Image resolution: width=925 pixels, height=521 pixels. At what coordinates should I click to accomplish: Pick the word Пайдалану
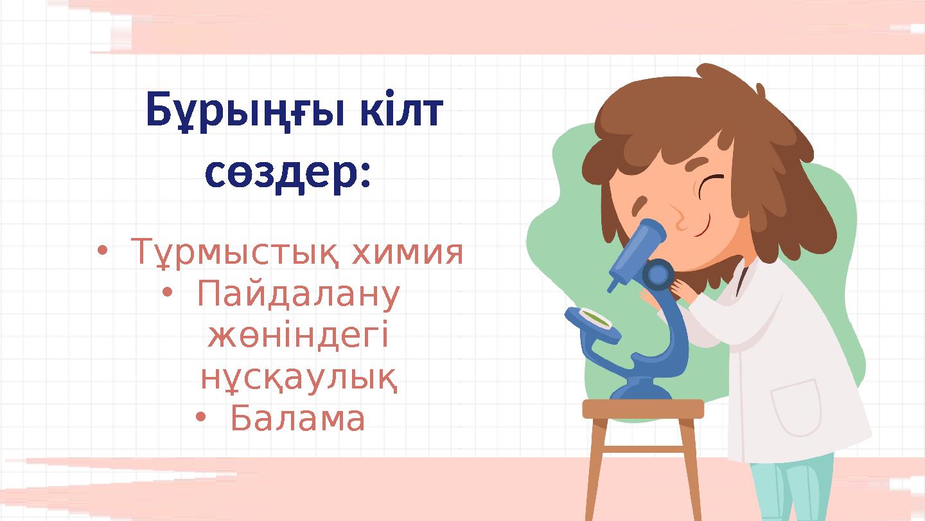pos(299,295)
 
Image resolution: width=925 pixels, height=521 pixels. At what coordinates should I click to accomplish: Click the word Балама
pos(297,419)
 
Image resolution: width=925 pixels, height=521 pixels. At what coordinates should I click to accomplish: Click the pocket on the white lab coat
pos(797,407)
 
